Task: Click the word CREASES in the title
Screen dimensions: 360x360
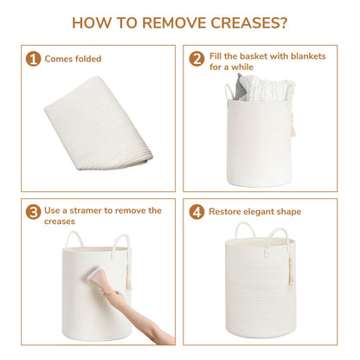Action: [x=249, y=22]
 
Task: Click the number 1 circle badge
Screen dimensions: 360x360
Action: [x=33, y=59]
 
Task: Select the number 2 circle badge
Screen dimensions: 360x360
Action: [x=196, y=59]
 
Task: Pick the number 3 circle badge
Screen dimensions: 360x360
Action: [x=33, y=212]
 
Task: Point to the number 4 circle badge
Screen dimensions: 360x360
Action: [x=196, y=212]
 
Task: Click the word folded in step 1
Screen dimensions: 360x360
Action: [x=88, y=59]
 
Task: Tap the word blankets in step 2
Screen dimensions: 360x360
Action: [x=308, y=56]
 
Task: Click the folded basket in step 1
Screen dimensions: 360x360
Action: [x=98, y=123]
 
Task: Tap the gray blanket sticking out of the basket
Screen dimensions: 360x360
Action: [x=240, y=88]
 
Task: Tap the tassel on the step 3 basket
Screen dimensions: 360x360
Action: [x=128, y=274]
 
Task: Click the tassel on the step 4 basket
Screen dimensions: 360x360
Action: [x=291, y=271]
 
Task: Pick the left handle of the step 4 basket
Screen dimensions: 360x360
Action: [x=245, y=229]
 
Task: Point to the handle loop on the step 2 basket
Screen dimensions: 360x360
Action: [x=229, y=92]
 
